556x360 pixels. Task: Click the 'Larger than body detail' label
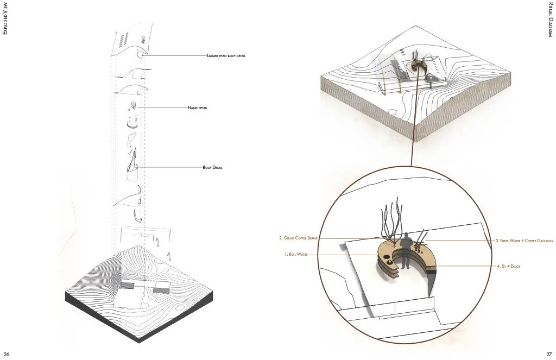point(226,56)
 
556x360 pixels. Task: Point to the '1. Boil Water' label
point(296,254)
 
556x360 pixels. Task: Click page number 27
point(549,354)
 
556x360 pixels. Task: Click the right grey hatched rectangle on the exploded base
point(161,291)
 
